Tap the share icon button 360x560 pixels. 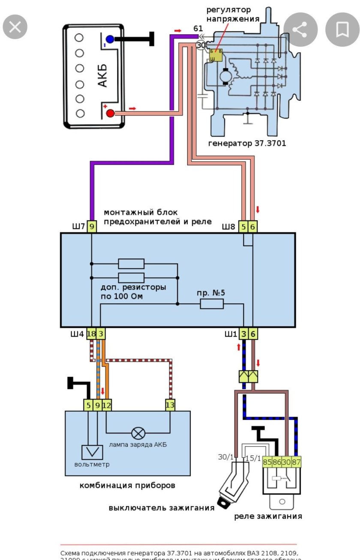[x=300, y=30]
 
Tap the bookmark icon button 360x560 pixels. [x=342, y=30]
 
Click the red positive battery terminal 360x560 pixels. [x=110, y=113]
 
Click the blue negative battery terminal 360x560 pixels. [x=110, y=39]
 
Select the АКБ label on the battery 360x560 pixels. [x=102, y=76]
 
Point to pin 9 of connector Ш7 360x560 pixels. [x=92, y=227]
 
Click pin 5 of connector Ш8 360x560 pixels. [x=243, y=227]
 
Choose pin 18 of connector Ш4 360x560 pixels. [x=91, y=334]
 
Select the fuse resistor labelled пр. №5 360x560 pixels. [x=212, y=304]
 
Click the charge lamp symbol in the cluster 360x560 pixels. [x=138, y=433]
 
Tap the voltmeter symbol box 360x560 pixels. [x=91, y=452]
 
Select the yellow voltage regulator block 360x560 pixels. [x=216, y=55]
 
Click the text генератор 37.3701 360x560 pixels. [x=247, y=144]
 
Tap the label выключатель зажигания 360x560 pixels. [x=161, y=508]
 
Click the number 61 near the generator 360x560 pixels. [x=198, y=29]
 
